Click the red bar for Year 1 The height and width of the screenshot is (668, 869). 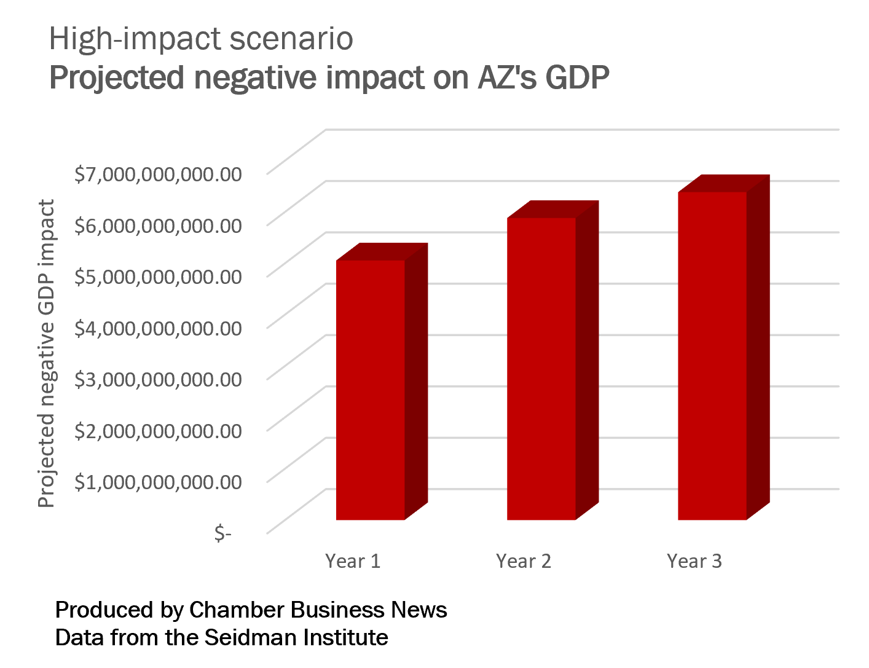click(371, 390)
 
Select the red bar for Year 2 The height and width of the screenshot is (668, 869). click(541, 369)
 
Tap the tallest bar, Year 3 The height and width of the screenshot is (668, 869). click(712, 356)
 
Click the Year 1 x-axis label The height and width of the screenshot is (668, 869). click(353, 561)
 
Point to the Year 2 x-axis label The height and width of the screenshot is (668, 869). click(524, 561)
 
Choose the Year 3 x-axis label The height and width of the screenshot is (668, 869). click(694, 561)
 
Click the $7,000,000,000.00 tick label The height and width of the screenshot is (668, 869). click(158, 174)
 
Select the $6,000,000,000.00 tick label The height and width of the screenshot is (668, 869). click(158, 225)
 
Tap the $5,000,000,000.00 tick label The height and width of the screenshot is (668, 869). click(158, 277)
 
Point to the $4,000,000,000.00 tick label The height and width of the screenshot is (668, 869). click(158, 328)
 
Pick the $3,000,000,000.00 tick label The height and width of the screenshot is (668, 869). click(158, 379)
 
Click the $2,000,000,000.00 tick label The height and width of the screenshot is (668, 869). click(158, 430)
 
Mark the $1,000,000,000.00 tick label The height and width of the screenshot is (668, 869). click(158, 481)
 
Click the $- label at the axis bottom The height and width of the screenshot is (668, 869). click(222, 532)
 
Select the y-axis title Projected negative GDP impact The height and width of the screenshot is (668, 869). click(47, 353)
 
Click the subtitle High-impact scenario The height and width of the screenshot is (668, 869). click(201, 39)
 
